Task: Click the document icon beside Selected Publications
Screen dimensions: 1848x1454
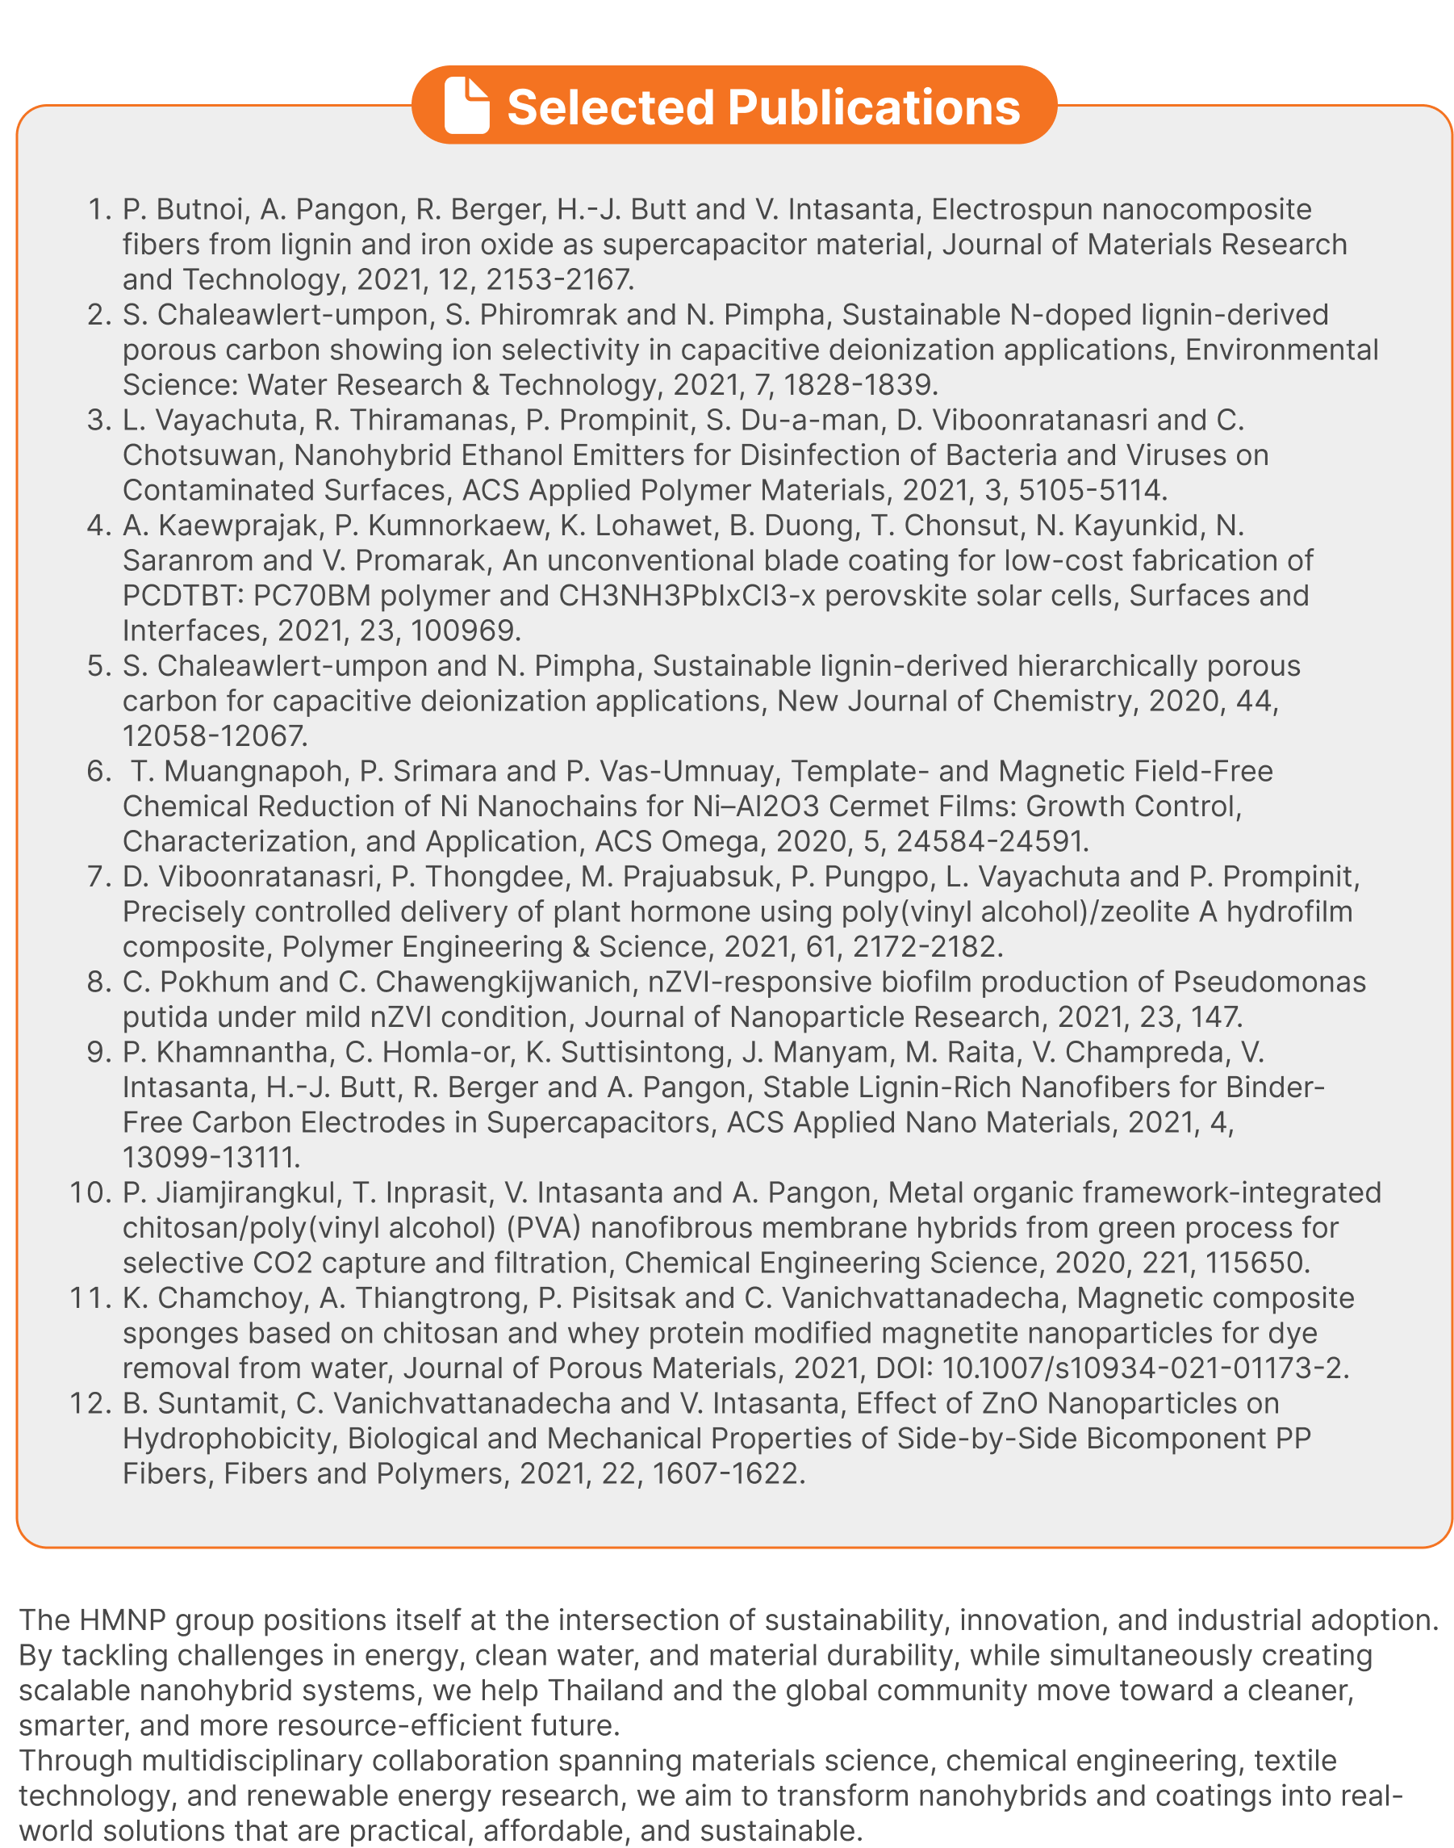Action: [466, 106]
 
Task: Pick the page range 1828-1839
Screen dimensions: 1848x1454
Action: [859, 385]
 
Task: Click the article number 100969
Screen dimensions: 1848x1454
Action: [465, 631]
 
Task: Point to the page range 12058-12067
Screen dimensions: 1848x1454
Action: [214, 735]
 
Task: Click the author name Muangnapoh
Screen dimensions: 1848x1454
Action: [253, 772]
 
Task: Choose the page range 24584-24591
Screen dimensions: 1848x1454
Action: [991, 841]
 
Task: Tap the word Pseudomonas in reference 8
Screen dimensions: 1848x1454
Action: [1269, 982]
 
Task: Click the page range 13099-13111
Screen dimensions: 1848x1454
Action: [211, 1158]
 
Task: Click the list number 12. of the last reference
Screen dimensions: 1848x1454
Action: [90, 1403]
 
